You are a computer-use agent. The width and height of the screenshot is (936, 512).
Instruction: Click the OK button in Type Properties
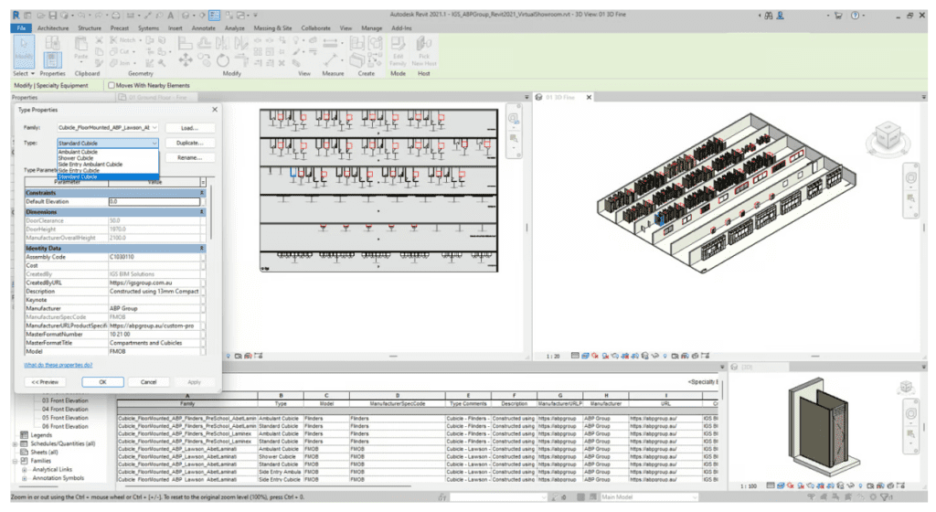coord(102,381)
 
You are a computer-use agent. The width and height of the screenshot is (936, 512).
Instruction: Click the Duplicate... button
coord(190,143)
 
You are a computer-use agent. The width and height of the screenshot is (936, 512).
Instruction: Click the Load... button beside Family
coord(190,127)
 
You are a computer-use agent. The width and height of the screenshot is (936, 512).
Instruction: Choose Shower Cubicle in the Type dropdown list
coord(76,157)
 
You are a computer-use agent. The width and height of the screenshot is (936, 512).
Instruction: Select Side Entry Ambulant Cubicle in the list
coord(90,164)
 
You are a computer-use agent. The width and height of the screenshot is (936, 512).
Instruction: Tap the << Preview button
coord(45,381)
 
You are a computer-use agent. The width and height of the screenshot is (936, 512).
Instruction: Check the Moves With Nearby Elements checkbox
coord(112,85)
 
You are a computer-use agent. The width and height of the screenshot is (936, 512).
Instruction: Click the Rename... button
coord(190,158)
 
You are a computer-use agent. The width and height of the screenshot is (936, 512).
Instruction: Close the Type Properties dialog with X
coord(216,109)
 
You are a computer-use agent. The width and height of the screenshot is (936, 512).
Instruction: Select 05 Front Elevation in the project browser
coord(65,417)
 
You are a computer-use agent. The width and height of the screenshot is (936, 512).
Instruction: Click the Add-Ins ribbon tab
coord(400,28)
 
